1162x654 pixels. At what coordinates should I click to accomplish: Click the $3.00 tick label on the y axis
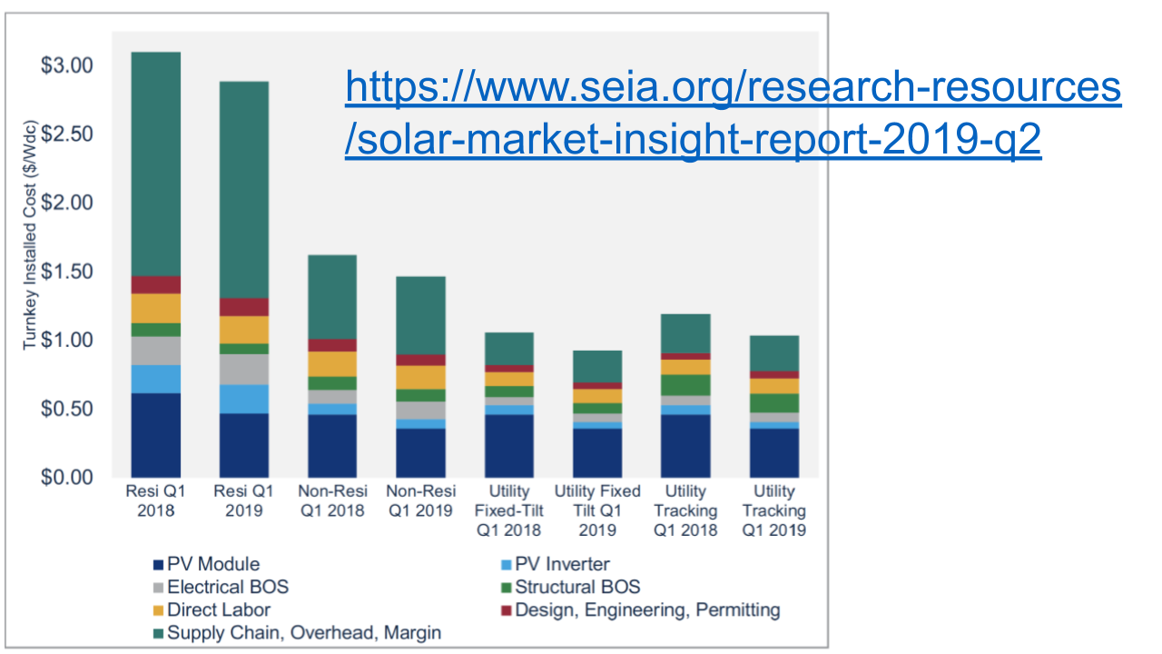pyautogui.click(x=66, y=66)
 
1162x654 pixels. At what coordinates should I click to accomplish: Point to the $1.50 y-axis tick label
pyautogui.click(x=66, y=272)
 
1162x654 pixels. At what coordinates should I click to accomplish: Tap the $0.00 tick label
pyautogui.click(x=66, y=478)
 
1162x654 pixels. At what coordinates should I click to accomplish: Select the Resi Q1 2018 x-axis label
pyautogui.click(x=154, y=500)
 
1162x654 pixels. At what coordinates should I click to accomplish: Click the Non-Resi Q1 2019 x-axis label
pyautogui.click(x=420, y=500)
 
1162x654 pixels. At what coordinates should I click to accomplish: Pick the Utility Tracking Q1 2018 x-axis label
pyautogui.click(x=685, y=510)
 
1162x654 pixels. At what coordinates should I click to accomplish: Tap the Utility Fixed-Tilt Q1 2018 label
pyautogui.click(x=508, y=510)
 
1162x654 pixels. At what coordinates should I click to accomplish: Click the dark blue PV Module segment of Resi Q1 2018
pyautogui.click(x=154, y=435)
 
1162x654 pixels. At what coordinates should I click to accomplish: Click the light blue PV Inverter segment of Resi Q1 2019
pyautogui.click(x=243, y=399)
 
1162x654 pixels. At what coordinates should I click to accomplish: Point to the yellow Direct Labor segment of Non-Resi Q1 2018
pyautogui.click(x=331, y=363)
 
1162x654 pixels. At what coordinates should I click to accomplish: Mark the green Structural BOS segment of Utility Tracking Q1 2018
pyautogui.click(x=685, y=385)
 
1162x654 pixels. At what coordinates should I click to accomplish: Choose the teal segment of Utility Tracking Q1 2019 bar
pyautogui.click(x=773, y=353)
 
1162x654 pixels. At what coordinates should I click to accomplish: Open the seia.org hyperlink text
pyautogui.click(x=733, y=114)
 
